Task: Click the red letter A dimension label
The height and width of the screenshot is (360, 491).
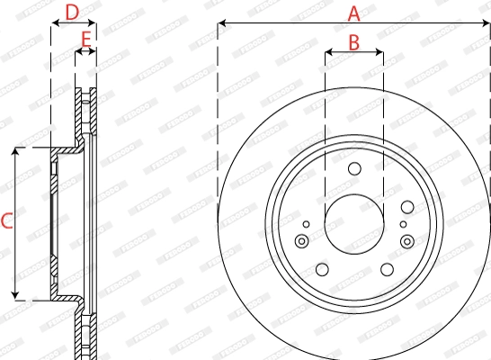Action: pos(353,13)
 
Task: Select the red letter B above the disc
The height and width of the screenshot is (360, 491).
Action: pos(353,41)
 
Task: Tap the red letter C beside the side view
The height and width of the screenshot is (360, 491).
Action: pos(6,220)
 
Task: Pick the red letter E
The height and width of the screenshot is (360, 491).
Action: pos(85,39)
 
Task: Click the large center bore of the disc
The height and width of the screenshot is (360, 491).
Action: pos(353,222)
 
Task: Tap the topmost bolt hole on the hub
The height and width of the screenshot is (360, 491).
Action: pos(353,168)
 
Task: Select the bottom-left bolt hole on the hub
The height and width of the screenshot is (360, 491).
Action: pos(321,268)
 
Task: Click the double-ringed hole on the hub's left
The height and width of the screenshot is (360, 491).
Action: pos(301,240)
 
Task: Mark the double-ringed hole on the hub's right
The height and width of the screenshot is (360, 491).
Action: pos(406,240)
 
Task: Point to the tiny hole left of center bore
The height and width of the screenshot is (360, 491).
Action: pos(307,224)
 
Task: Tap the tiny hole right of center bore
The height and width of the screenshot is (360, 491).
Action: pos(401,224)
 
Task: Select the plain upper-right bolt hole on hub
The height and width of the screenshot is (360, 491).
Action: pos(404,207)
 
